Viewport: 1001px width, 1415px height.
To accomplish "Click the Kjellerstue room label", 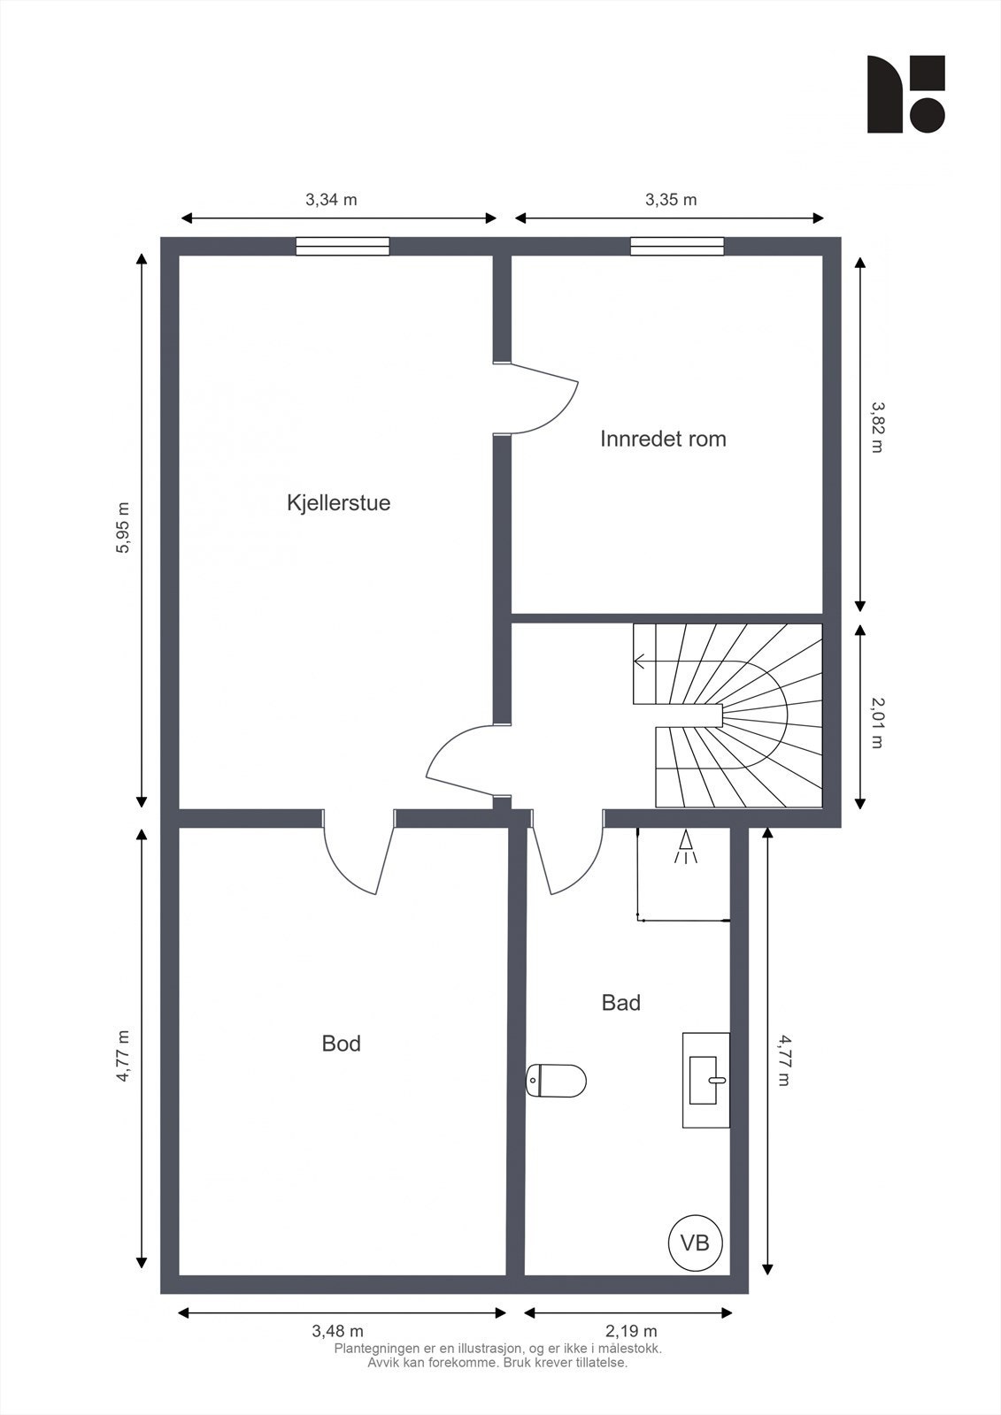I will point(338,502).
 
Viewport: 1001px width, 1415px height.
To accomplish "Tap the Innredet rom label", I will point(663,439).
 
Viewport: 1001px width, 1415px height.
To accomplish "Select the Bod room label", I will point(341,1044).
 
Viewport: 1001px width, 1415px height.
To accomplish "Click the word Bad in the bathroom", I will point(620,1002).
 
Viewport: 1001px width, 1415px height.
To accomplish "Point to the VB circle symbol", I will point(695,1242).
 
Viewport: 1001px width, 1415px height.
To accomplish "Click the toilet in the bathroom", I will point(558,1080).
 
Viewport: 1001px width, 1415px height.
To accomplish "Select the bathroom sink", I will point(705,1080).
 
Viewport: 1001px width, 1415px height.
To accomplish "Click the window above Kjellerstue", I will point(343,246).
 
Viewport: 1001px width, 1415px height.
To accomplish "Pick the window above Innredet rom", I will point(677,246).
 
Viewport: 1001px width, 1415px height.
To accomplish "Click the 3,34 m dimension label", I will point(331,199).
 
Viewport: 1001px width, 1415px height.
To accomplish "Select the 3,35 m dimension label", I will point(670,199).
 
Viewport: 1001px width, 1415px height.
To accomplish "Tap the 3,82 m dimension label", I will point(876,427).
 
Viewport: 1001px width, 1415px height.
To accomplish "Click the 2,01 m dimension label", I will point(876,722).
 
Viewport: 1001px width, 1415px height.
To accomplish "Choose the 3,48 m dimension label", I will point(337,1330).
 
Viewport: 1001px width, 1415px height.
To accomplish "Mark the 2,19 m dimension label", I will point(631,1330).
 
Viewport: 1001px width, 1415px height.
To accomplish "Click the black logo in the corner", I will point(905,94).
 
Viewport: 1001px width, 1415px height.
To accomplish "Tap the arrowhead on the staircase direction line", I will point(639,661).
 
